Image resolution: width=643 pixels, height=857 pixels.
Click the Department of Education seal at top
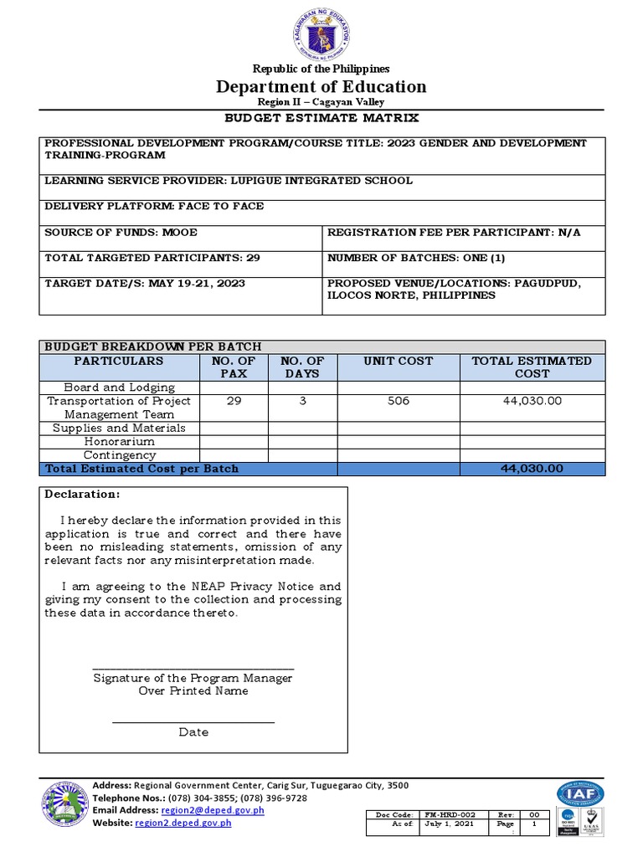point(321,34)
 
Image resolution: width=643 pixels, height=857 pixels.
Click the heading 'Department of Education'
point(321,86)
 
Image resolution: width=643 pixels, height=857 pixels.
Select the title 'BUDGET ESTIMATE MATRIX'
point(321,118)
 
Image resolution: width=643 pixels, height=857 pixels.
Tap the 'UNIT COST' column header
point(399,361)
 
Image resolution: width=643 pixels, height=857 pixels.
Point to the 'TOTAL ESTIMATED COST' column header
point(532,367)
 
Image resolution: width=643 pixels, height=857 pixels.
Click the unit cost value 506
point(399,401)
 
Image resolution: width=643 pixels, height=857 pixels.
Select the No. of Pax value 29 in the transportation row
point(234,401)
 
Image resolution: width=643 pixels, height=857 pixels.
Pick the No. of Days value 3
point(302,401)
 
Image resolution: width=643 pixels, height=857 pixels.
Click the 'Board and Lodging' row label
point(120,387)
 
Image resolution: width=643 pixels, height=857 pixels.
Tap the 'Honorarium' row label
point(120,441)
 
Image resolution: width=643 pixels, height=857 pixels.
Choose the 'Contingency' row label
point(120,454)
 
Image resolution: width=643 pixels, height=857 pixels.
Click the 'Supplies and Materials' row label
point(120,428)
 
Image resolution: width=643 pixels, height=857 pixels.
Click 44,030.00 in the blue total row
point(532,469)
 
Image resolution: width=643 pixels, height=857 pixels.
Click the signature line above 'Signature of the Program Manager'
point(193,668)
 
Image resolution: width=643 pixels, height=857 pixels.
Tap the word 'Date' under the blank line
point(193,732)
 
